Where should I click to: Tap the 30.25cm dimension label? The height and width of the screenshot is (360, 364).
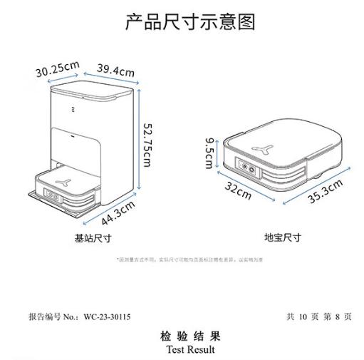pyautogui.click(x=57, y=69)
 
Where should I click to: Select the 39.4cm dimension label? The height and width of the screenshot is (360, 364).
pyautogui.click(x=116, y=71)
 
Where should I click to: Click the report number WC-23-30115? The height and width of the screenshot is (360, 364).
pyautogui.click(x=106, y=315)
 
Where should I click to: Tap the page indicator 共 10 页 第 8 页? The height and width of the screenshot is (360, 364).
pyautogui.click(x=319, y=315)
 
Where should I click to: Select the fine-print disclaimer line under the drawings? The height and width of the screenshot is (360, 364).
pyautogui.click(x=185, y=260)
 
